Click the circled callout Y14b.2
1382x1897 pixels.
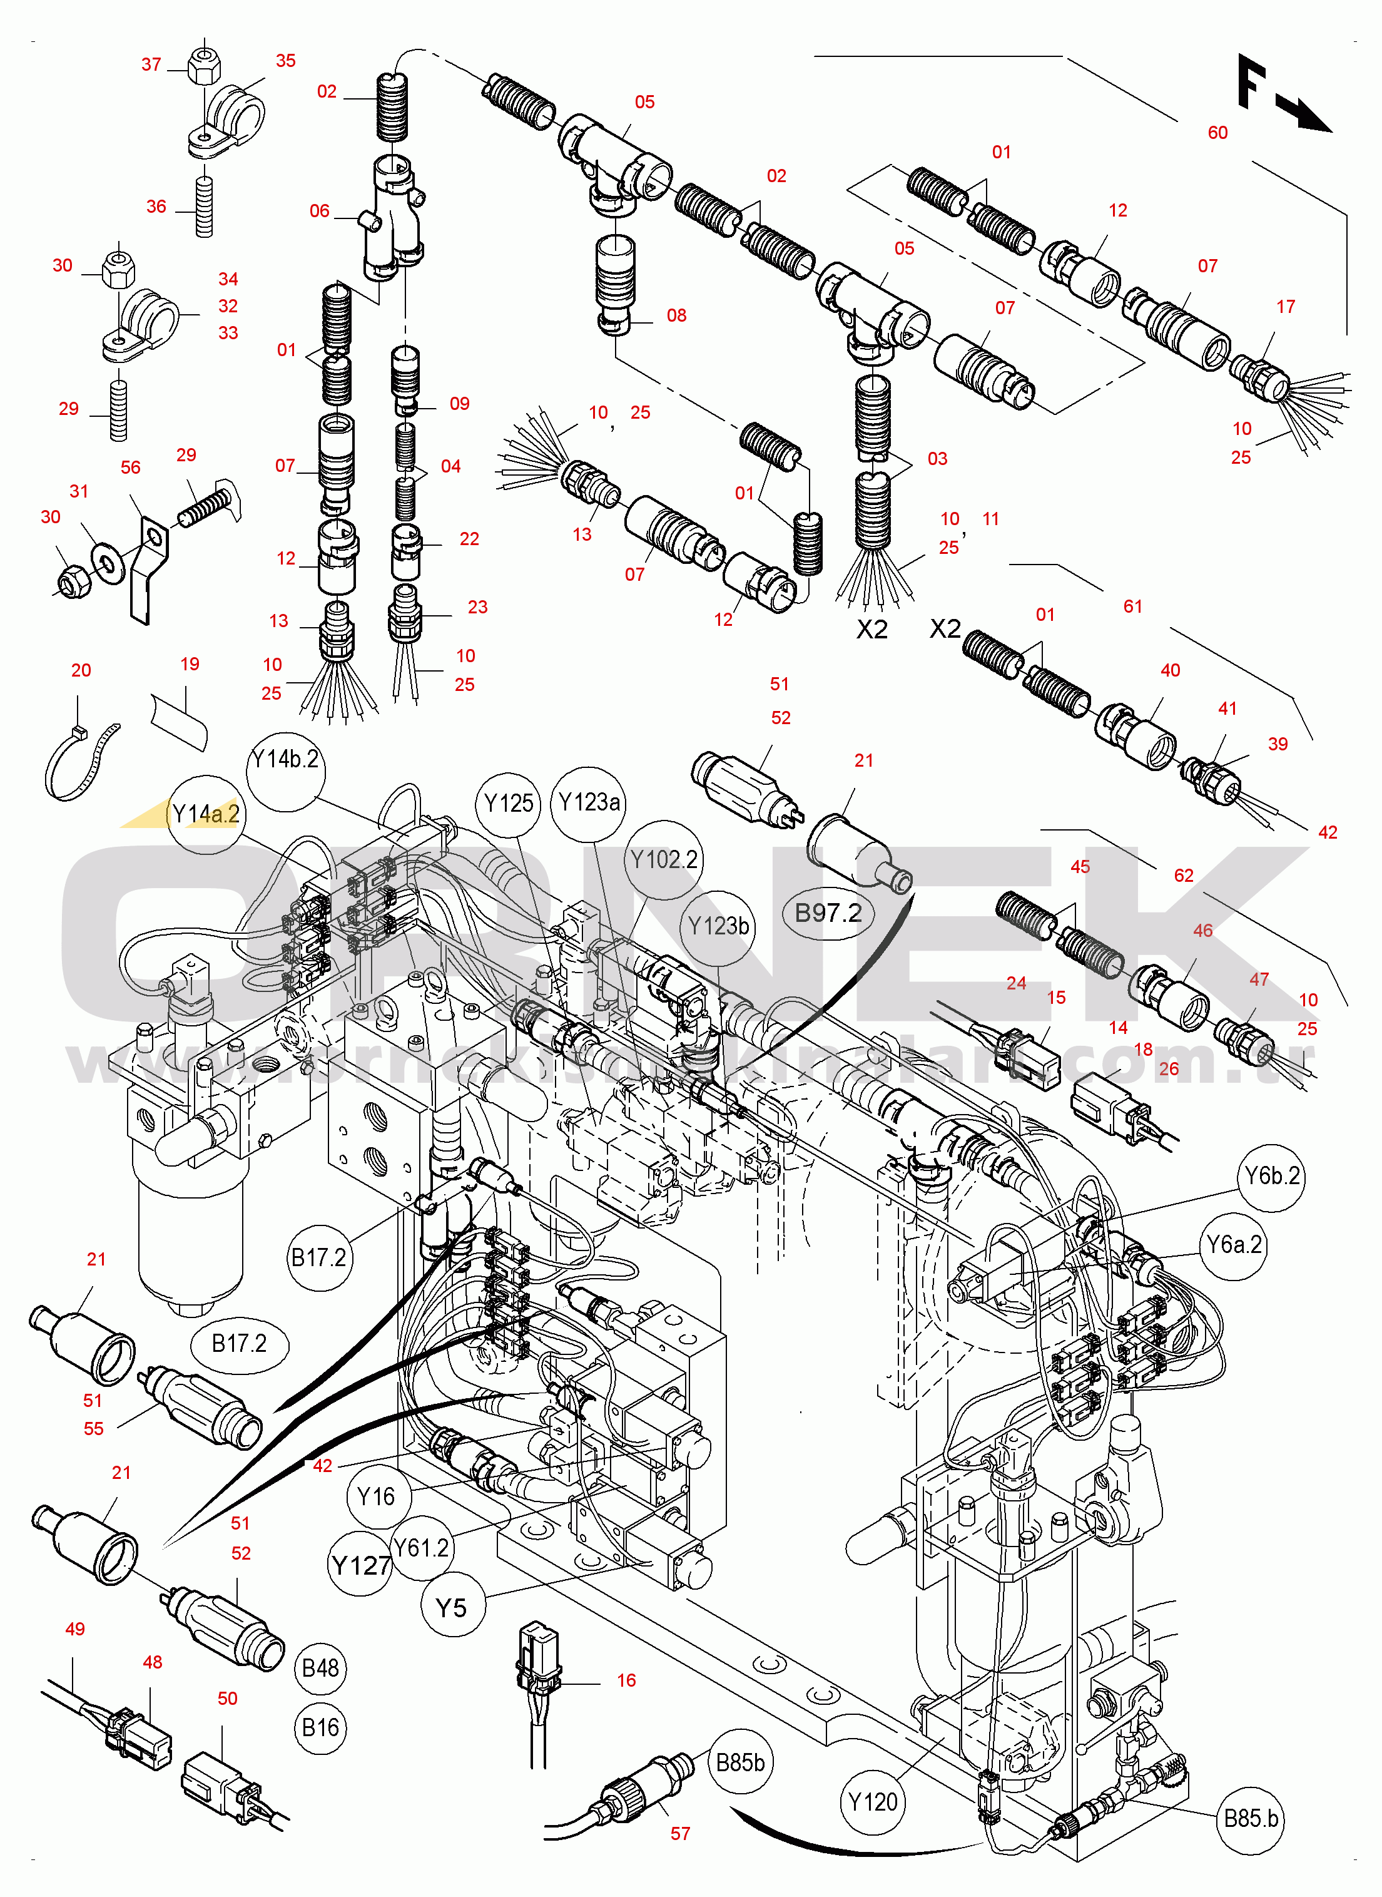coord(286,760)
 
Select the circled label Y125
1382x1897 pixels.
coord(509,804)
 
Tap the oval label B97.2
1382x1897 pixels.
coord(828,913)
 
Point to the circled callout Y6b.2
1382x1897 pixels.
coord(1271,1177)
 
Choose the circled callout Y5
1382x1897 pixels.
coord(451,1607)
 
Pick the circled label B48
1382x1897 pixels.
coord(320,1669)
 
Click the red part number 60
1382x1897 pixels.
coord(1217,133)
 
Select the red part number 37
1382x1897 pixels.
coord(151,64)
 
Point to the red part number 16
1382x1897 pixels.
coord(627,1680)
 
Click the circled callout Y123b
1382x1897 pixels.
coord(718,926)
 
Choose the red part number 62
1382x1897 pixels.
coord(1184,876)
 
